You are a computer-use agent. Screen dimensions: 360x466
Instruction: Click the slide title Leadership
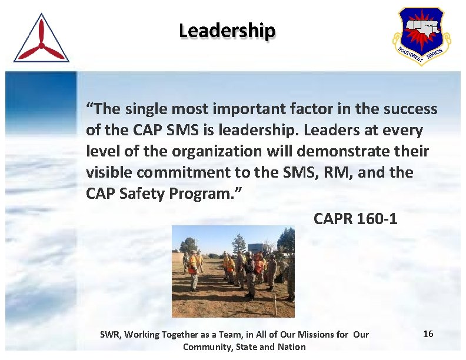(x=227, y=30)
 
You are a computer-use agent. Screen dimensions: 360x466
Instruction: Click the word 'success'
(x=411, y=109)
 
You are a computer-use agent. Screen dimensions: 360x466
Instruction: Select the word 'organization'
(x=216, y=152)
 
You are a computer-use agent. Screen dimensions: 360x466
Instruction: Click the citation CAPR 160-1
(x=355, y=219)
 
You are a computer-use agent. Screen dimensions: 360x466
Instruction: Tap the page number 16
(x=428, y=334)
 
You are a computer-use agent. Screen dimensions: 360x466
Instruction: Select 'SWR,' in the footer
(x=110, y=335)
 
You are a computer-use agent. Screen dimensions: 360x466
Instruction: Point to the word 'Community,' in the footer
(x=208, y=346)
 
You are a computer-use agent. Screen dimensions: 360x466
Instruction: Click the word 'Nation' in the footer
(x=292, y=346)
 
